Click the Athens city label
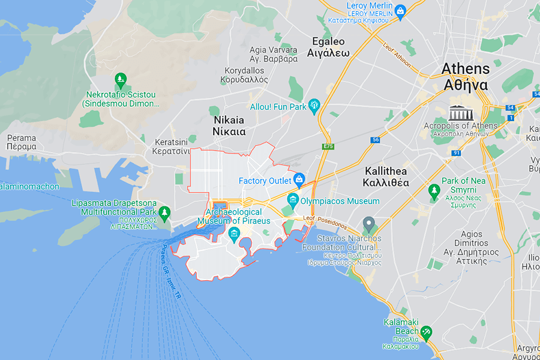pos(465,76)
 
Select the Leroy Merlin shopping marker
pos(400,9)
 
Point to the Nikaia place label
pos(229,125)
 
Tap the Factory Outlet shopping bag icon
pos(299,180)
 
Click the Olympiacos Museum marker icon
pos(293,200)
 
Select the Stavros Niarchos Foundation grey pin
pos(369,225)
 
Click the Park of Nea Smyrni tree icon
pos(434,191)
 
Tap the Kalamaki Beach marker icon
pos(426,331)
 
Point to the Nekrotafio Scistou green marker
pos(120,79)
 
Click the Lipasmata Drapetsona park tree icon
pos(164,212)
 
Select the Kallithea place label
pos(386,177)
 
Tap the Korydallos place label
pos(244,75)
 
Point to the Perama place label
pos(22,142)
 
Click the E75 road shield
pos(328,146)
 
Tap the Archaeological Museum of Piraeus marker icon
pos(234,232)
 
